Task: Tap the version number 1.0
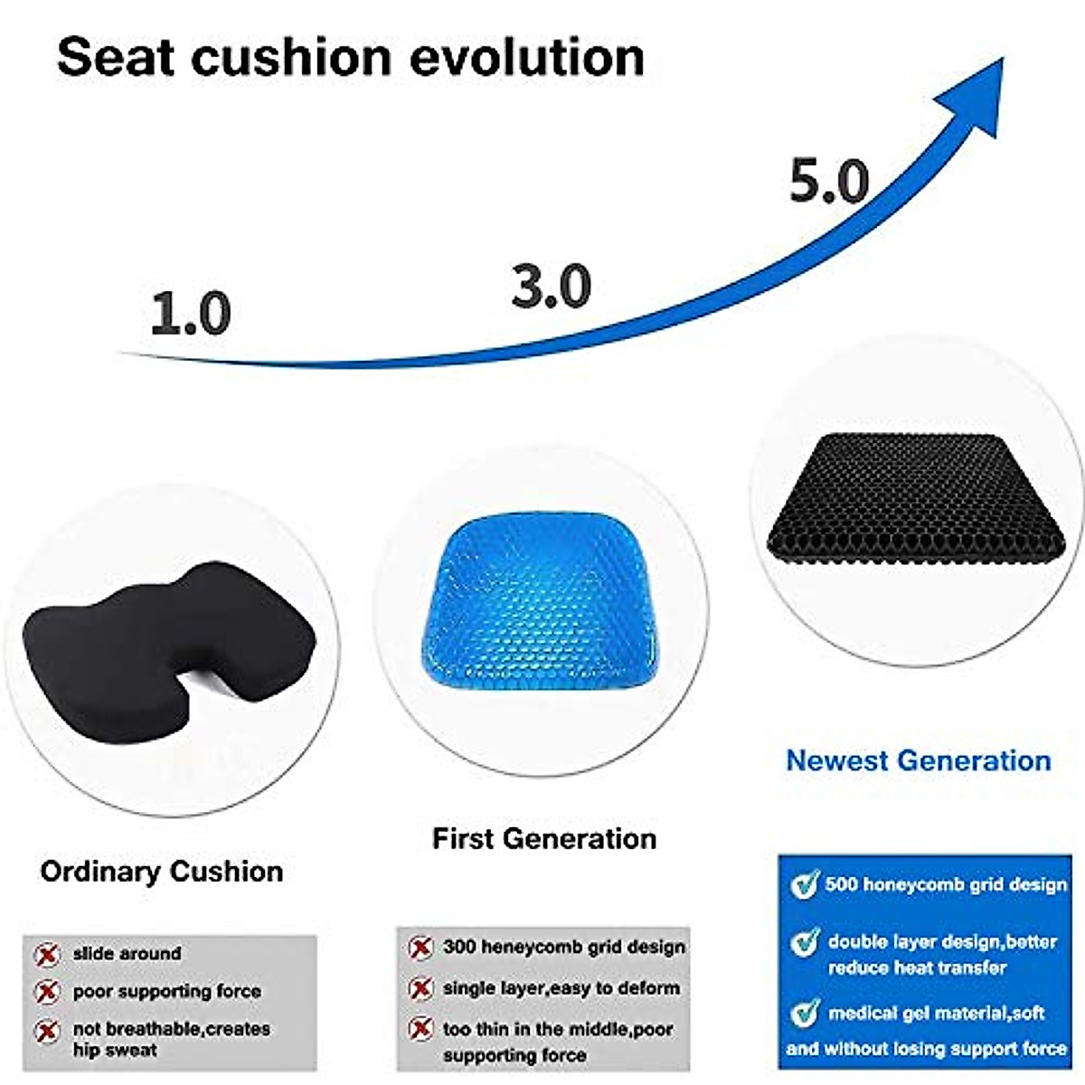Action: (191, 315)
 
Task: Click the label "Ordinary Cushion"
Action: (162, 872)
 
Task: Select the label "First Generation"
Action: (544, 839)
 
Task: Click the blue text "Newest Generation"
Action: (919, 760)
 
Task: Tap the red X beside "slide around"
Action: (47, 955)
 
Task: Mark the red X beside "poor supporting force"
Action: (47, 992)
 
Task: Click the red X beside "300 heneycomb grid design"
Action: (420, 948)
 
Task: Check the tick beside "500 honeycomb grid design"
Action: (804, 885)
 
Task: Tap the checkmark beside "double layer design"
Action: (804, 942)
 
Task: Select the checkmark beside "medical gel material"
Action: (804, 1013)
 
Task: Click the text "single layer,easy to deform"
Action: (561, 988)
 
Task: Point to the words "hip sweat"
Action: (115, 1051)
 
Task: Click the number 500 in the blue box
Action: (841, 884)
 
